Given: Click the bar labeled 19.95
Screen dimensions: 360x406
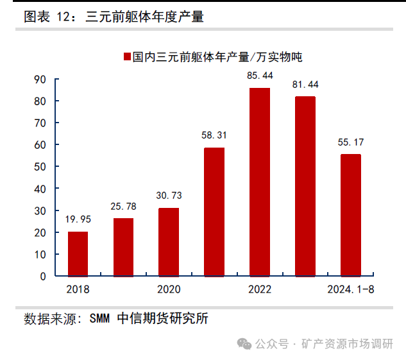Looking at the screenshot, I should [78, 253].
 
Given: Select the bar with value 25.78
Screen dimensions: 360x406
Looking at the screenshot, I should [123, 247].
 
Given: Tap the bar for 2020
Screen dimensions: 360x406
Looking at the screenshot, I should [169, 242].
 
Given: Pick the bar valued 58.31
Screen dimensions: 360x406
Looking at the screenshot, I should [214, 212].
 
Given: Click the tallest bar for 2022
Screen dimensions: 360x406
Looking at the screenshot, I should [260, 182].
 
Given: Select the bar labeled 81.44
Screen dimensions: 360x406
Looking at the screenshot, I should [305, 186].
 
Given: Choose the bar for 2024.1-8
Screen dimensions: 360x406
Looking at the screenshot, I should [350, 215].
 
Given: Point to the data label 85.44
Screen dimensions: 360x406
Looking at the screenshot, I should [260, 76].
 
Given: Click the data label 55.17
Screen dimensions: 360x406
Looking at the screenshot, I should [350, 142].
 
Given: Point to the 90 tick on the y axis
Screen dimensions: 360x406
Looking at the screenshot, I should [40, 80].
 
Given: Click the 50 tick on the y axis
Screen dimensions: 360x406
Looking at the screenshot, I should [40, 167].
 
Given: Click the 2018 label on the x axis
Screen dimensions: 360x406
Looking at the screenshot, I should [78, 289].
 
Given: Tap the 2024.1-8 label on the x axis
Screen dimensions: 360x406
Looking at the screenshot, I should [350, 289].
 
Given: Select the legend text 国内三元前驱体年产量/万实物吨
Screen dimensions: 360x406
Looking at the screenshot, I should [217, 57].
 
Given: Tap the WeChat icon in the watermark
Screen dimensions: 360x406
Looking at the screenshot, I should [244, 343].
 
